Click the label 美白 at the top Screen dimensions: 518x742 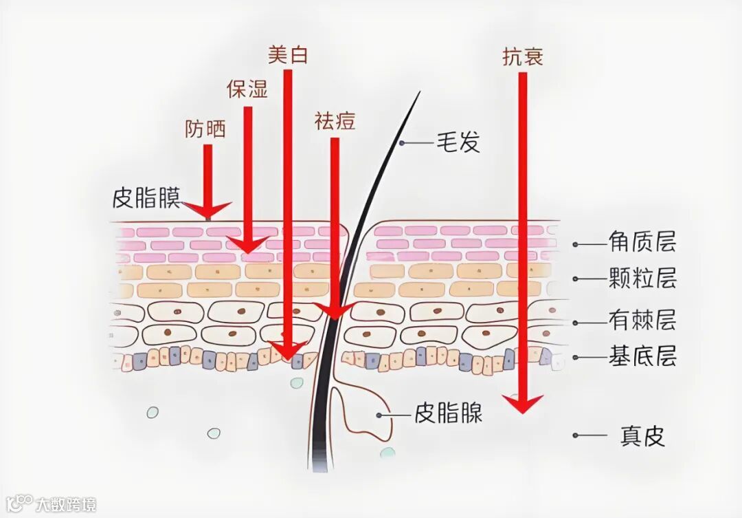[x=288, y=55]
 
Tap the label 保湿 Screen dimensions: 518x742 [x=247, y=89]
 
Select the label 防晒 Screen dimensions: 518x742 [x=205, y=129]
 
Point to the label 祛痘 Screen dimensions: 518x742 [x=335, y=121]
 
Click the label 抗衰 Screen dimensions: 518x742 [x=523, y=57]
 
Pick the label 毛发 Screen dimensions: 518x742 [x=458, y=143]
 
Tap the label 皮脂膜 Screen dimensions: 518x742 [x=146, y=198]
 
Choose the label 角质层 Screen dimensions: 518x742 [x=642, y=242]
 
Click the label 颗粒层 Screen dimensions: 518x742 [x=642, y=279]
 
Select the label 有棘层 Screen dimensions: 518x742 [x=642, y=320]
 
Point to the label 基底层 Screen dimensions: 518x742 [x=642, y=356]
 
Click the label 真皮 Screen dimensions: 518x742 [x=642, y=435]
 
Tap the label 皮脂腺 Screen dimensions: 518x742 [x=448, y=413]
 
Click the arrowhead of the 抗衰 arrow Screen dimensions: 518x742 [x=523, y=403]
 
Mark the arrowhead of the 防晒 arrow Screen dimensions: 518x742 [x=207, y=208]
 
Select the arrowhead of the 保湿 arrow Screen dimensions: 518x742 [x=248, y=244]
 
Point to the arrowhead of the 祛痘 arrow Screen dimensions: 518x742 [x=335, y=311]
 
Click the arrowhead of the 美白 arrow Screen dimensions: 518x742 [x=289, y=351]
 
